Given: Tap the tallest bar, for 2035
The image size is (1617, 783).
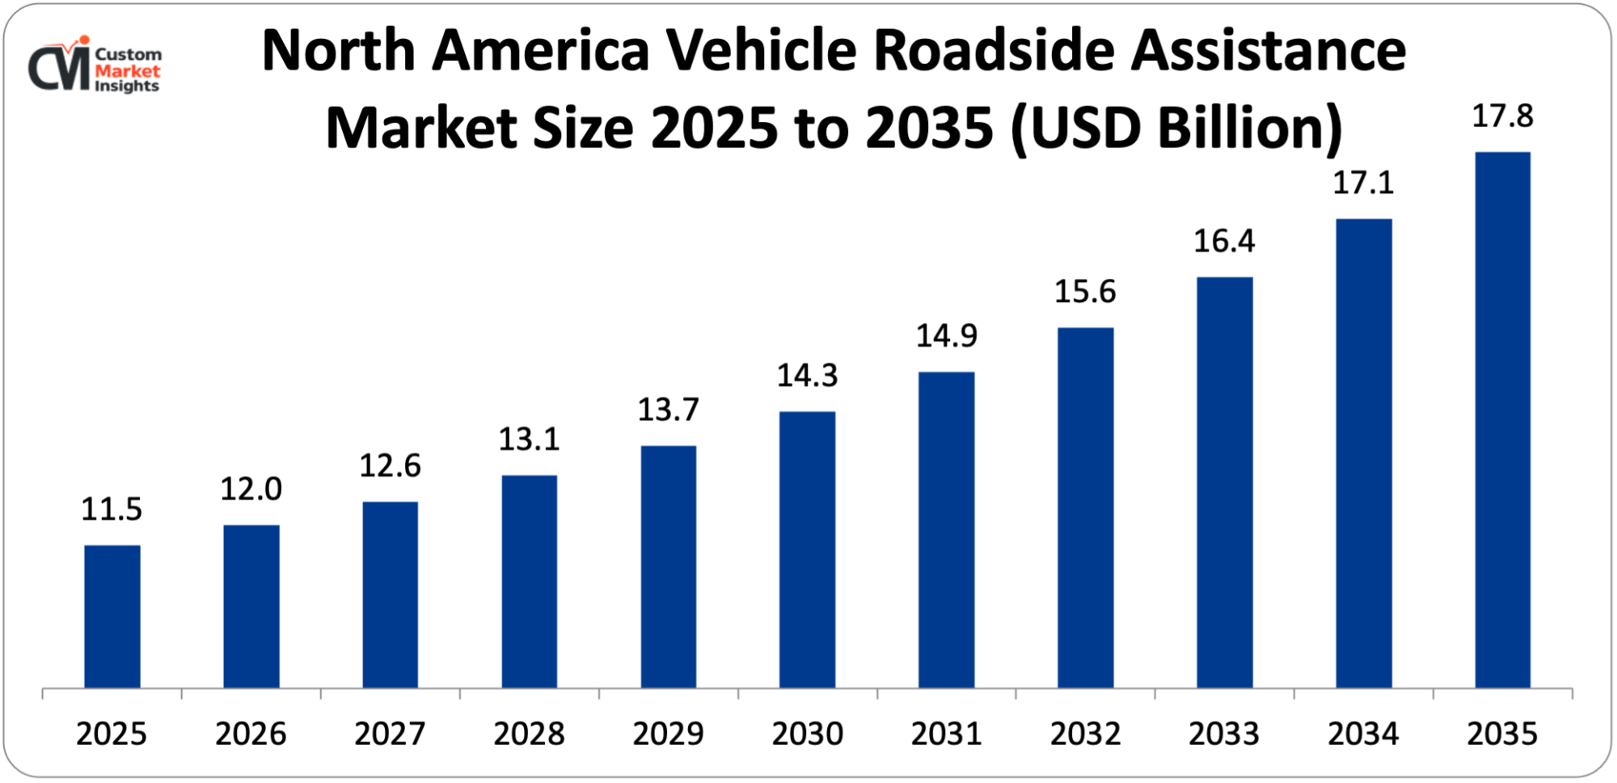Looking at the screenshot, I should [x=1502, y=420].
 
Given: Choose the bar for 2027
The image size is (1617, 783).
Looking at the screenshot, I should [x=390, y=595].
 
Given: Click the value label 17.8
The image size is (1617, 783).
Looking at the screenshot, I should [x=1502, y=116].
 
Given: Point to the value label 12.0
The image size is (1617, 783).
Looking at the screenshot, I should [x=251, y=489].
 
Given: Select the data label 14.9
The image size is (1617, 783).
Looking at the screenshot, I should [x=946, y=335].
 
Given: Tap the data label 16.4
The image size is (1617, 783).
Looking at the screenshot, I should [x=1224, y=241].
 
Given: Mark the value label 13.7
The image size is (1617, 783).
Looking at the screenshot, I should [x=668, y=410].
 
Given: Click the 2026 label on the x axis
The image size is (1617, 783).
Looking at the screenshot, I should [x=251, y=734].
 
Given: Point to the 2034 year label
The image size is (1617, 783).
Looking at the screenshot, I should [x=1363, y=734].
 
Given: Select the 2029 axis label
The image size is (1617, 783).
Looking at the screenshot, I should [x=668, y=734].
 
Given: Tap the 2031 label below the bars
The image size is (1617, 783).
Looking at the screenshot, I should [x=946, y=734].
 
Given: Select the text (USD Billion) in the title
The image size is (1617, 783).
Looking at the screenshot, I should [x=1176, y=128].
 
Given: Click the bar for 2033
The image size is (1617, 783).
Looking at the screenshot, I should [x=1224, y=482].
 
